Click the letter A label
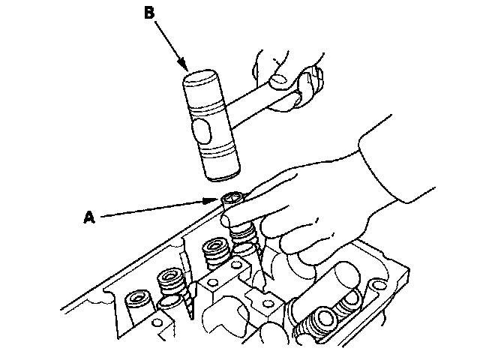click(x=89, y=217)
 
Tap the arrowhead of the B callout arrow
click(x=185, y=68)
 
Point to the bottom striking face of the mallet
click(x=220, y=175)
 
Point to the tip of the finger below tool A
click(x=228, y=219)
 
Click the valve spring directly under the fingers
click(x=245, y=238)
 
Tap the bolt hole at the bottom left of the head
click(x=157, y=324)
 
